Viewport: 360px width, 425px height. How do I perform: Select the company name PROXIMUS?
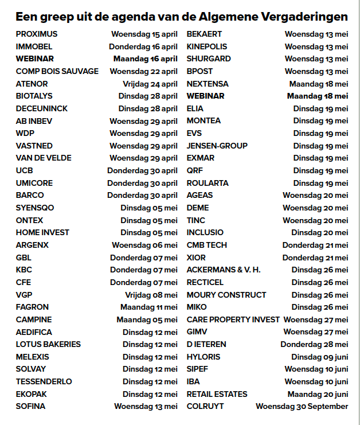pyautogui.click(x=37, y=34)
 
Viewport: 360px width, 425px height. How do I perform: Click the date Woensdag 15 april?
pyautogui.click(x=144, y=34)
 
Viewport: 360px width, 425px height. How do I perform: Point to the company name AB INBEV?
pyautogui.click(x=33, y=121)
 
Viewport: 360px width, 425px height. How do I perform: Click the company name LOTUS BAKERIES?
pyautogui.click(x=48, y=344)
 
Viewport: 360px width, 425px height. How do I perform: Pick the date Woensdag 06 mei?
pyautogui.click(x=144, y=245)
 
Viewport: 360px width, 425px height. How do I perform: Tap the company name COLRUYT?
pyautogui.click(x=205, y=406)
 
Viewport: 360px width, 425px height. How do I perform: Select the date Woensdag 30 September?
pyautogui.click(x=302, y=406)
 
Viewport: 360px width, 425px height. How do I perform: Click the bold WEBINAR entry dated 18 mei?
pyautogui.click(x=205, y=96)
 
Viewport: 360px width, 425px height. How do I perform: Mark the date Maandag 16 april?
pyautogui.click(x=146, y=59)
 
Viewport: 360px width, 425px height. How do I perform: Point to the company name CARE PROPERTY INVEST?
pyautogui.click(x=233, y=319)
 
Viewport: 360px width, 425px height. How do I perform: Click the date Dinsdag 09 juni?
pyautogui.click(x=319, y=357)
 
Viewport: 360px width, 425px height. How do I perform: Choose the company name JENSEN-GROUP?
pyautogui.click(x=217, y=146)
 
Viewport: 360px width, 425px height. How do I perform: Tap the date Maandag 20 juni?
pyautogui.click(x=318, y=394)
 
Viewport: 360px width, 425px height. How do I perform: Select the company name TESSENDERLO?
pyautogui.click(x=44, y=381)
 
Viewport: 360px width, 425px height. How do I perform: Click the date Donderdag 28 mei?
pyautogui.click(x=314, y=344)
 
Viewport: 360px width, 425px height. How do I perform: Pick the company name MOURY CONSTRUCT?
pyautogui.click(x=226, y=295)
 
